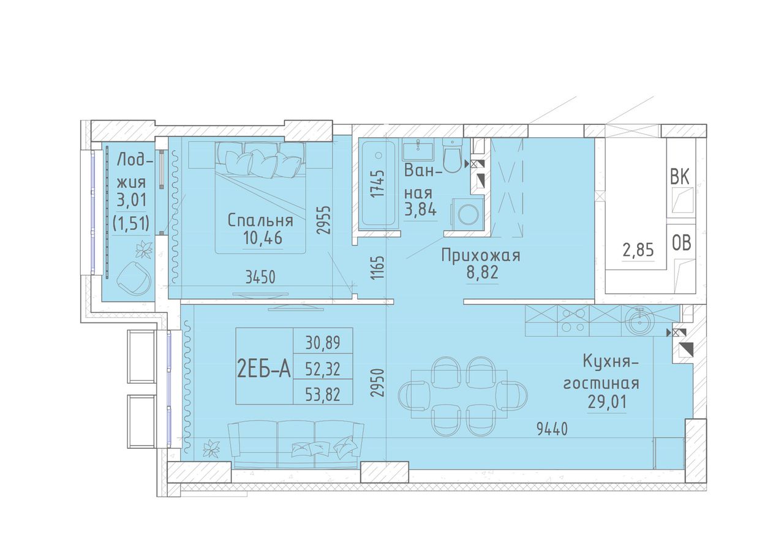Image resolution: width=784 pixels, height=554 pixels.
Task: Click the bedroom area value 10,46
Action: coord(262,239)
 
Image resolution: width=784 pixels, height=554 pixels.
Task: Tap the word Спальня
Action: coord(260,221)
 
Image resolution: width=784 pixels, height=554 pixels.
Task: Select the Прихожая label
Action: coord(481,255)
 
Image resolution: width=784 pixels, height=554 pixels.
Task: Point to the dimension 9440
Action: coord(552,429)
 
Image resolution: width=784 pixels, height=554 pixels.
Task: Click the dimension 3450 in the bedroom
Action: coord(260,278)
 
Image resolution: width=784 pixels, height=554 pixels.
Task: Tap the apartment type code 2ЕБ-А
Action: coord(264,370)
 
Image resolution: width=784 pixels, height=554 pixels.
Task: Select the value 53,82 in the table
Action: coord(323,394)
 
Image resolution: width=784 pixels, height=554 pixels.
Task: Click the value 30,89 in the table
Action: coord(323,343)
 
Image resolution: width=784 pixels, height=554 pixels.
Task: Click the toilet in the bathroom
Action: coord(453,155)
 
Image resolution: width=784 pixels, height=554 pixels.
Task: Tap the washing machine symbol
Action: coord(467,214)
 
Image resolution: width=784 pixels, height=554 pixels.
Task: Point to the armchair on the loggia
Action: coord(134,279)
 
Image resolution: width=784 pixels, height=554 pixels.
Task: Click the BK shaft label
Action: coord(680,177)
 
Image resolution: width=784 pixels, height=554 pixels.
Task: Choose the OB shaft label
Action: coord(681,243)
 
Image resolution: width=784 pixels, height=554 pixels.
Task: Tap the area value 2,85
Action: coord(638,250)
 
